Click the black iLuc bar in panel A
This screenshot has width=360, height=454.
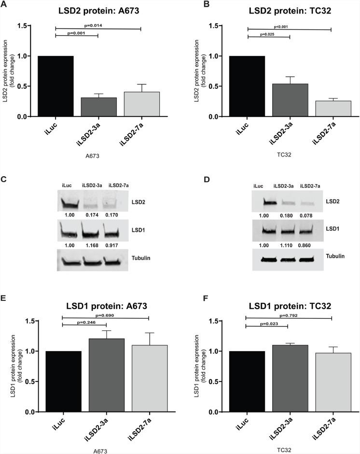[55, 86]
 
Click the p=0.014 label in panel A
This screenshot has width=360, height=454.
[98, 24]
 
